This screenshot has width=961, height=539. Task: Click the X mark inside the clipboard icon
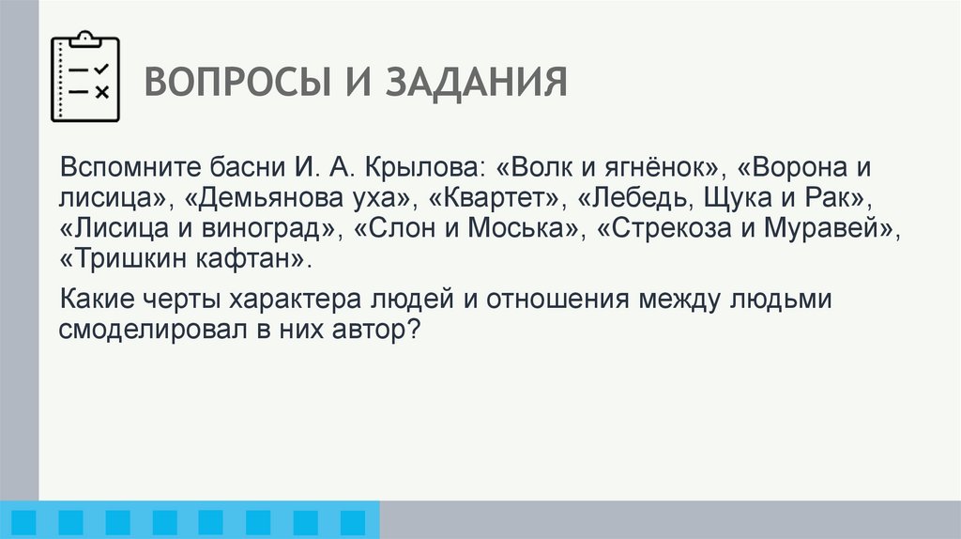[x=102, y=91]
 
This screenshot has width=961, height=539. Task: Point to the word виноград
[x=276, y=230]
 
